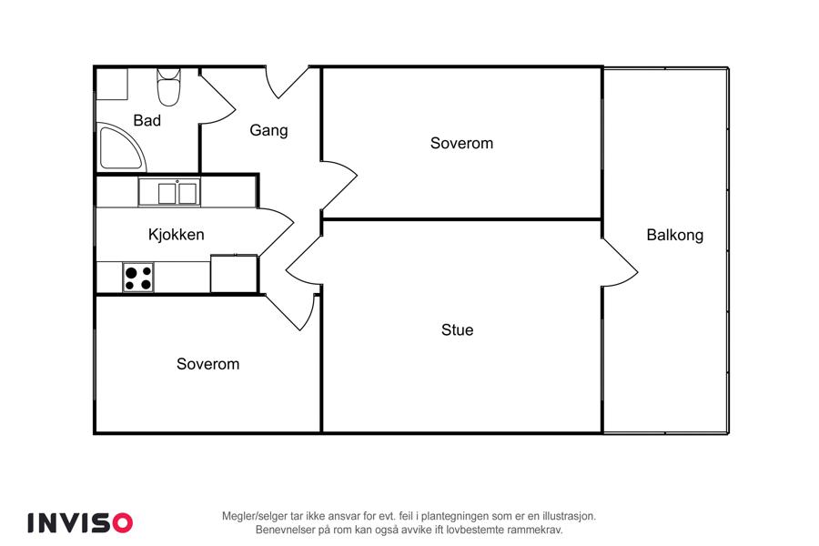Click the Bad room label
(x=147, y=121)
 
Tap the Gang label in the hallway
(x=268, y=130)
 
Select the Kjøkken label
(x=176, y=235)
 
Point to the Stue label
(x=457, y=329)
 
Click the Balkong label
(x=675, y=235)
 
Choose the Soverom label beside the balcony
(x=461, y=143)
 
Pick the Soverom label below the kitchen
(x=207, y=364)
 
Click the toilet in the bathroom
(x=168, y=87)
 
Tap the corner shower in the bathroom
(x=121, y=147)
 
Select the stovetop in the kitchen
(x=138, y=278)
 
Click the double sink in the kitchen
(x=169, y=192)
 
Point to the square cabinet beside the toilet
(x=112, y=84)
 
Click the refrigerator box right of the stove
(x=234, y=274)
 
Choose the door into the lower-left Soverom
(x=291, y=312)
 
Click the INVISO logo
(x=80, y=522)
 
